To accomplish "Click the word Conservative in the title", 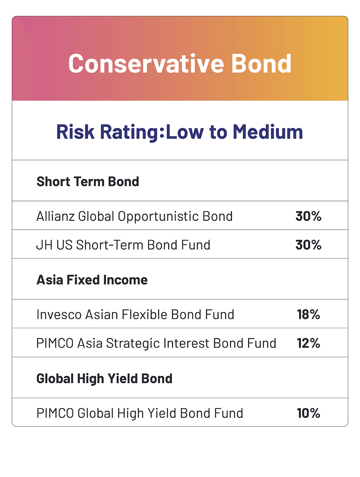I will [146, 64].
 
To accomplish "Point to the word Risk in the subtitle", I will [75, 132].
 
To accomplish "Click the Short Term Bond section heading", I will [88, 182].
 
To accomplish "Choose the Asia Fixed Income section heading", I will [92, 280].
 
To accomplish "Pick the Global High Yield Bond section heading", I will [104, 378].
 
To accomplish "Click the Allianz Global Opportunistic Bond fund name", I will [134, 216].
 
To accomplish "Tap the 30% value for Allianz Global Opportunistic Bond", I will [308, 216].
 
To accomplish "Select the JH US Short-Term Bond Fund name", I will [123, 245].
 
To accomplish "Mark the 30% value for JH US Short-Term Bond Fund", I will [308, 245].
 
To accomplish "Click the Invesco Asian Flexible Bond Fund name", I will [135, 315].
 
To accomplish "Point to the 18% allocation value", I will [308, 315].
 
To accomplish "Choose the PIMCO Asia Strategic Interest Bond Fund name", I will [156, 343].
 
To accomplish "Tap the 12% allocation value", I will [308, 343].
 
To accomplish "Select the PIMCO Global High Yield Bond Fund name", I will [140, 413].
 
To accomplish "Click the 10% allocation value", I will [308, 413].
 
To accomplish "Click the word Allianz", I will [55, 216].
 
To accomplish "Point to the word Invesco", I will [59, 315].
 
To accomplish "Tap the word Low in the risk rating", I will [185, 132].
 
